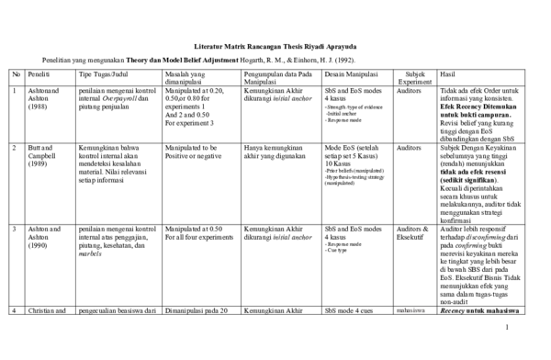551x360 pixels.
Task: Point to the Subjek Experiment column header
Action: (x=415, y=77)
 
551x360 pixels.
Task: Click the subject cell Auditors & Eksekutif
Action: (x=415, y=233)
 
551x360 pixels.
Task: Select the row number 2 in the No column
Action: (x=16, y=147)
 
